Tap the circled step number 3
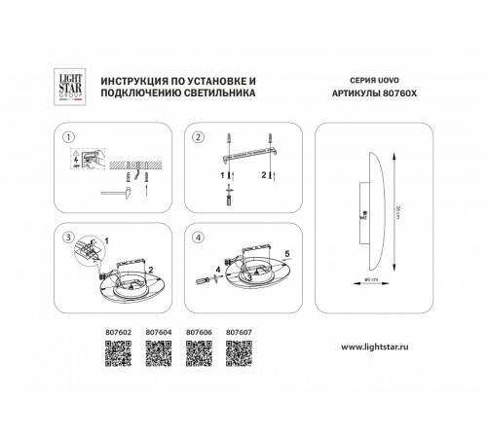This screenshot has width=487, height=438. point(67,237)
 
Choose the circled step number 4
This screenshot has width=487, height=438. point(197,237)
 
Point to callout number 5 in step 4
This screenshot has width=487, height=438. point(286,252)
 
